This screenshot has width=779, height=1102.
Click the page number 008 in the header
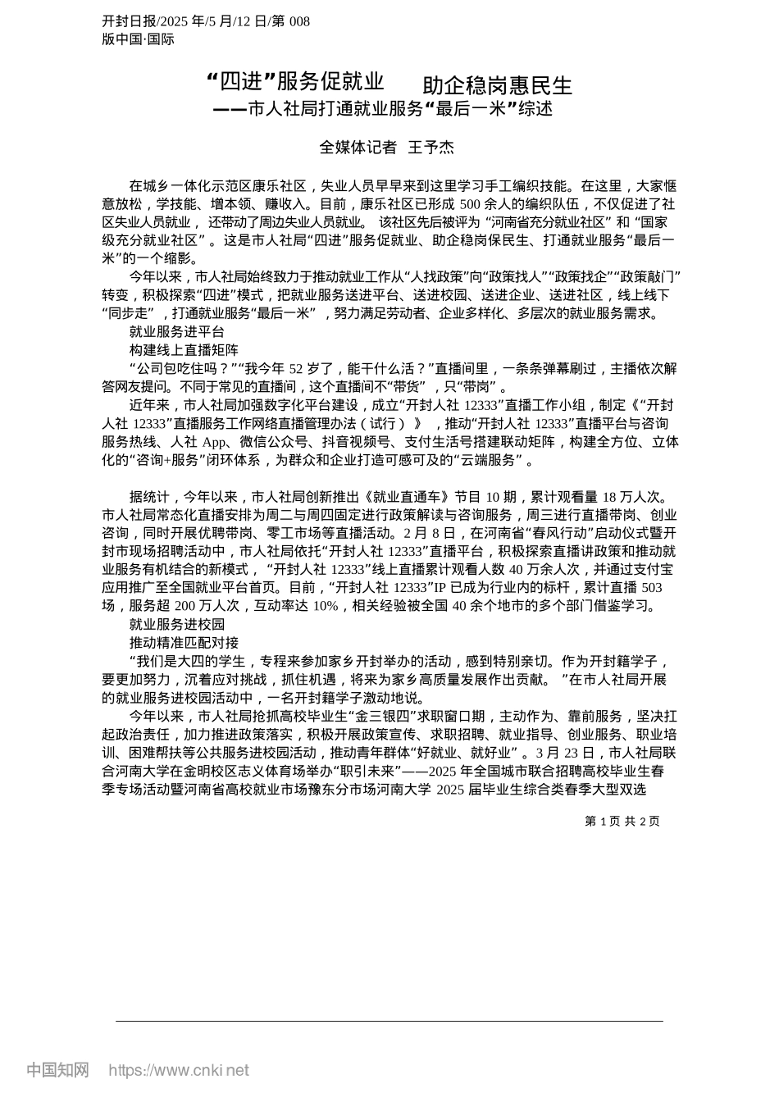point(299,21)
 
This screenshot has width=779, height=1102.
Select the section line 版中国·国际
point(138,39)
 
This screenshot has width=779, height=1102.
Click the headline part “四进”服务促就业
point(295,82)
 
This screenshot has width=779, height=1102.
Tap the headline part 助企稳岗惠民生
point(497,85)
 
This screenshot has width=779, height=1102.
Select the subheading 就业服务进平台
point(177,331)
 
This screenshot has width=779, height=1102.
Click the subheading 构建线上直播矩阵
point(184,350)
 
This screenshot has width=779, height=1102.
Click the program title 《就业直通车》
point(411,497)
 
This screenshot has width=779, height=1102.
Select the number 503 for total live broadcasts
point(651,588)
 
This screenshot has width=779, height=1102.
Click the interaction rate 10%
point(325,606)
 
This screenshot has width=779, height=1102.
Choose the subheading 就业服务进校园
point(177,625)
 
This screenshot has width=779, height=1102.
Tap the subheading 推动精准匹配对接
point(184,643)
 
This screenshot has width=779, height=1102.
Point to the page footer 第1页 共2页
point(622,821)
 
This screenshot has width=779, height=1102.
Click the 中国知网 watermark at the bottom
point(58,1070)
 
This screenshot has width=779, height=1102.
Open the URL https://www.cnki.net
point(179,1070)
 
